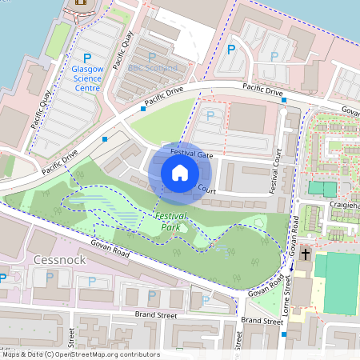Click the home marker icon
(180, 173)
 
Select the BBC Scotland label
(158, 68)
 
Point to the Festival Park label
(171, 222)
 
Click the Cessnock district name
(60, 260)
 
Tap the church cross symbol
(305, 254)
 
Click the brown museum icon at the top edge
(81, 2)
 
